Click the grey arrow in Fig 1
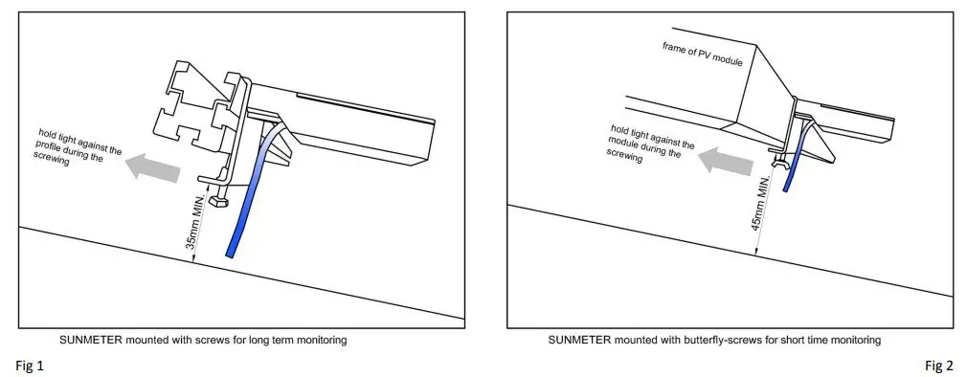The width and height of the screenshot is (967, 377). [x=155, y=167]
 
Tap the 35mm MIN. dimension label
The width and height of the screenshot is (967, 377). [x=191, y=222]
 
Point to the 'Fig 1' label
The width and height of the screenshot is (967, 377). [x=29, y=366]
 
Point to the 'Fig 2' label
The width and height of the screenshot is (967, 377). [x=938, y=366]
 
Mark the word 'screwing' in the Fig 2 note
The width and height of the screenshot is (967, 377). [x=625, y=159]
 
